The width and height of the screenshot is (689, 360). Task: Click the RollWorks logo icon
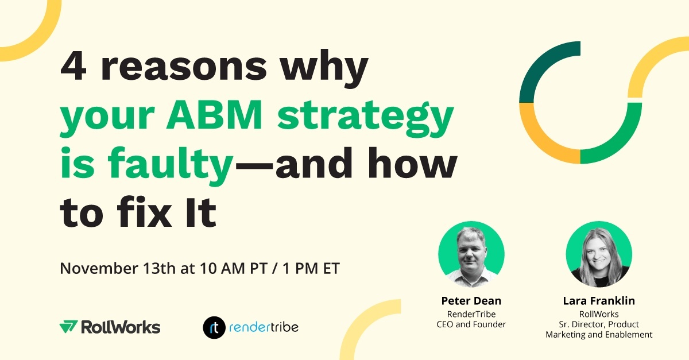68,327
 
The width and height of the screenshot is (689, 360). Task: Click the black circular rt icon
213,327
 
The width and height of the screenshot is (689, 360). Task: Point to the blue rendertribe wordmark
264,327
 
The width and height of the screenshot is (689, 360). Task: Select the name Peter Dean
471,301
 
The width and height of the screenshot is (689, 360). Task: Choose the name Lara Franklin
599,301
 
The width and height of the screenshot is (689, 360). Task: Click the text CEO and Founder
471,324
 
